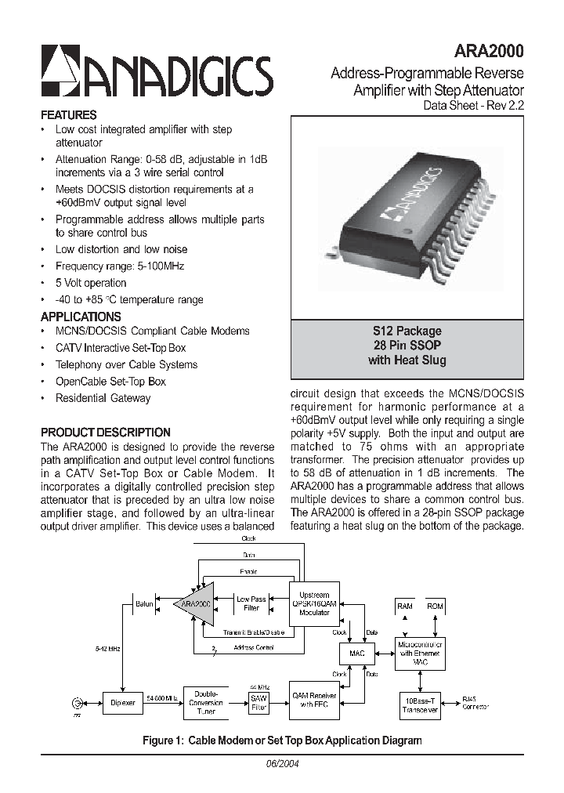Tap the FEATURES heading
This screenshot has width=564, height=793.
[69, 114]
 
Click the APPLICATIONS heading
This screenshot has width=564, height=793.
[81, 317]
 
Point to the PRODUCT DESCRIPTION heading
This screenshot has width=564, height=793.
[105, 432]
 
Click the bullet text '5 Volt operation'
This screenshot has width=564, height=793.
[90, 283]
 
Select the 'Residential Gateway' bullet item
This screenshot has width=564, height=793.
[103, 398]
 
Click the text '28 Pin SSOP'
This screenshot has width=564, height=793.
[407, 346]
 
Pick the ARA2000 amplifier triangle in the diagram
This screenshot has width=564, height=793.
[196, 604]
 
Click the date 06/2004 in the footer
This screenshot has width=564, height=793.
[283, 764]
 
